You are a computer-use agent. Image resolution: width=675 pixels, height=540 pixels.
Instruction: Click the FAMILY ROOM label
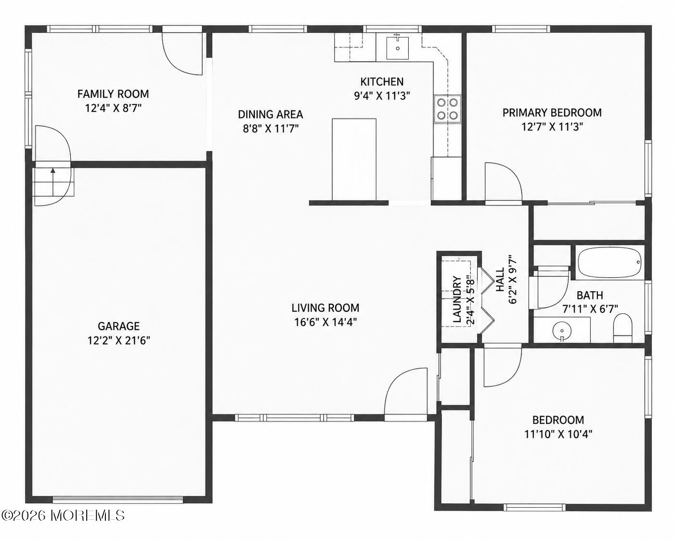[x=113, y=94]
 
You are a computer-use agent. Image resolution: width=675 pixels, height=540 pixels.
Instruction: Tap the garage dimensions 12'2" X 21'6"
[x=118, y=340]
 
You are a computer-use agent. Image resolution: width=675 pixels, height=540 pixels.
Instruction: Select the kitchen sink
[x=397, y=48]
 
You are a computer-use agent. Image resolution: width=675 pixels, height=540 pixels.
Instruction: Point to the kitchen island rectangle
[x=354, y=159]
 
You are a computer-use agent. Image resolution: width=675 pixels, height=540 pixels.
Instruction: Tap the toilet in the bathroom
[x=623, y=328]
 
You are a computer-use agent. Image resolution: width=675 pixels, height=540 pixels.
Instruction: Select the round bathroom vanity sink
[x=562, y=331]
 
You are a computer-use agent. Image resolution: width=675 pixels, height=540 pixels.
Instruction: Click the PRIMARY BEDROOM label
[x=552, y=113]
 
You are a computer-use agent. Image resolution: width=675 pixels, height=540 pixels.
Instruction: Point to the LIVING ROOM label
[x=325, y=308]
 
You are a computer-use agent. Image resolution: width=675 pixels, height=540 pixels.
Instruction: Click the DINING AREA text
[x=271, y=115]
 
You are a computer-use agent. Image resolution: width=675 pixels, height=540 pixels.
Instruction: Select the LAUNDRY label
[x=457, y=299]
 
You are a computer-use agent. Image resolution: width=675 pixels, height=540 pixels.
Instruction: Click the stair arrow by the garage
[x=53, y=182]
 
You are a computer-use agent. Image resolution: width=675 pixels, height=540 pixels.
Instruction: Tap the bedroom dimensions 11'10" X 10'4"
[x=558, y=434]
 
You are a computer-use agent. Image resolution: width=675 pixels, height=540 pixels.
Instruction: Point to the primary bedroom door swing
[x=503, y=181]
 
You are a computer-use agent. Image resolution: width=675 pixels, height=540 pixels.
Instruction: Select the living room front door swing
[x=405, y=391]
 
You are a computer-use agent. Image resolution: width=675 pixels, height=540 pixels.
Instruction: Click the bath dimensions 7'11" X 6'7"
[x=590, y=309]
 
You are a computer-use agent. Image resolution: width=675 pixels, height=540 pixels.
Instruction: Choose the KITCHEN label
[x=382, y=82]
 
